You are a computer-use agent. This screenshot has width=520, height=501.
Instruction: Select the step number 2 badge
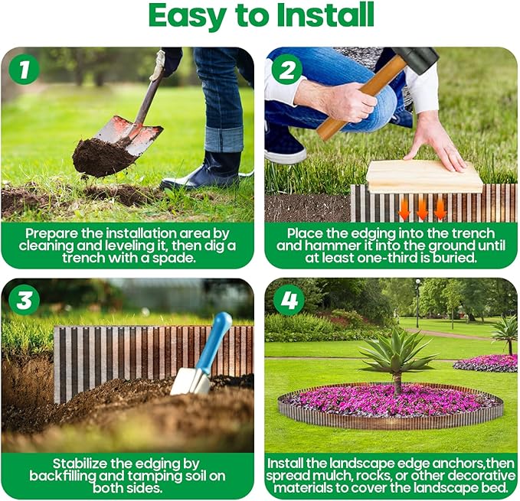point(287,70)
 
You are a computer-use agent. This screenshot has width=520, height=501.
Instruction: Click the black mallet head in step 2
point(414,59)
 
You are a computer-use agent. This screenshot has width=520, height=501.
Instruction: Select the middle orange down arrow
point(422,208)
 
